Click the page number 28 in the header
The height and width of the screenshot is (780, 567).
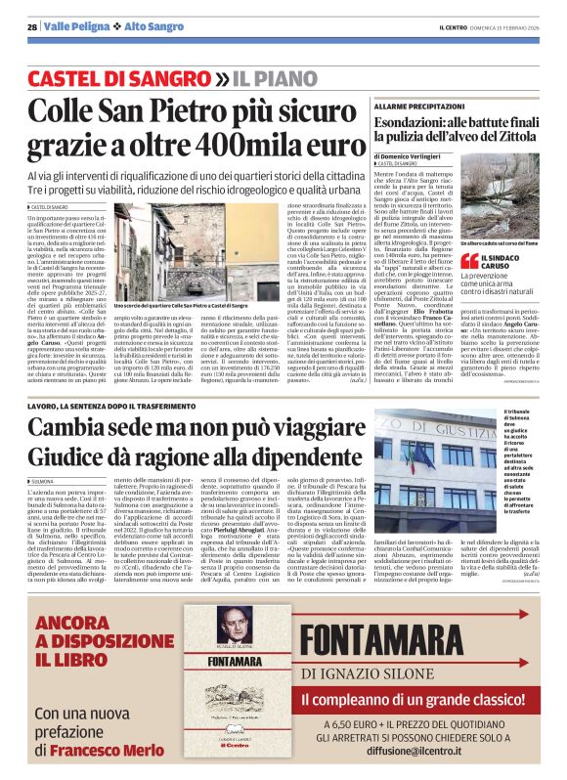pos(31,26)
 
